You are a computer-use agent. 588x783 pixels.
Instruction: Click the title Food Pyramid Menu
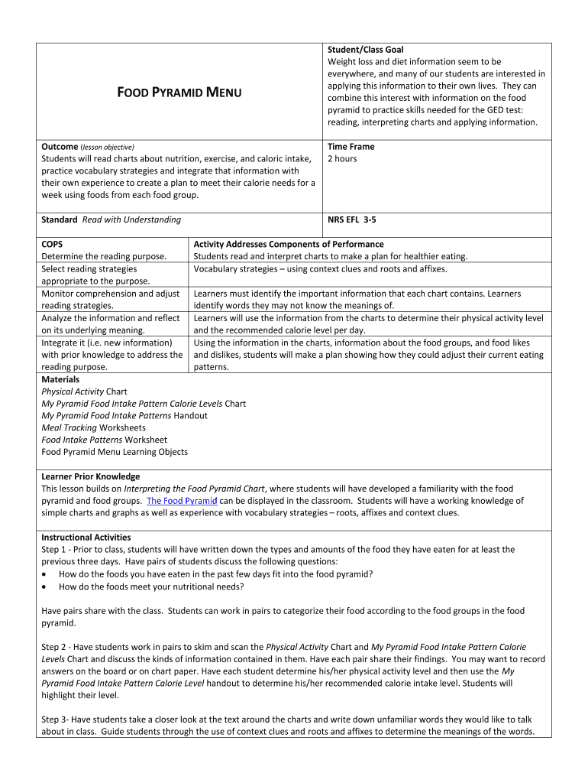click(x=179, y=93)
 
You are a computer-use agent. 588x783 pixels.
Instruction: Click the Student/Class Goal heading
click(x=365, y=49)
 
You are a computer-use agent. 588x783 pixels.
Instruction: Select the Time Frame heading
click(x=351, y=146)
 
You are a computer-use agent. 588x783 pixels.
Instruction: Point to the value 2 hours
click(x=342, y=158)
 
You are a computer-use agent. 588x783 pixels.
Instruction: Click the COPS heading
click(x=53, y=244)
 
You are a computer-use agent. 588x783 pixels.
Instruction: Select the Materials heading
click(x=60, y=379)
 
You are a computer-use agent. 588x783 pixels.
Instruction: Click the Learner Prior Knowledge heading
click(x=91, y=476)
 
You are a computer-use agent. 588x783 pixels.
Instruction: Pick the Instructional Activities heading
click(x=86, y=538)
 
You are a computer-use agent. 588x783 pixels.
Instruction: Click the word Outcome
click(x=60, y=146)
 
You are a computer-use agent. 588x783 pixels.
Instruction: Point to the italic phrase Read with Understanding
click(x=131, y=219)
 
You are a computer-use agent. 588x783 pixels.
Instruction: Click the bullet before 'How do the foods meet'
click(x=47, y=586)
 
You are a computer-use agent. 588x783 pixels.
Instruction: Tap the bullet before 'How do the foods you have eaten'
click(x=47, y=574)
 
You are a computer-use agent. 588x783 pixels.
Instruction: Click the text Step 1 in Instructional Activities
click(x=55, y=550)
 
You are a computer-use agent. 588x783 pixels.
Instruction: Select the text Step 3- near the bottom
click(x=56, y=720)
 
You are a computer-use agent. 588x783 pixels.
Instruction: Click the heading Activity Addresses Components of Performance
click(x=289, y=244)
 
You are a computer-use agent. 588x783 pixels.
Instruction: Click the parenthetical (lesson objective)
click(x=108, y=147)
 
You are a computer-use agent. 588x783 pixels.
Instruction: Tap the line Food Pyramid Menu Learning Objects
click(x=115, y=452)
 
